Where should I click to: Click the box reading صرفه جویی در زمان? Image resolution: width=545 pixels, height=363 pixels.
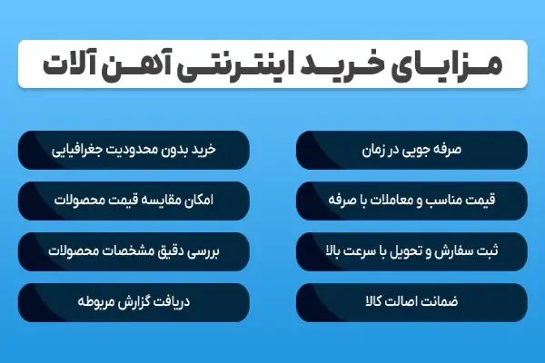pyautogui.click(x=411, y=147)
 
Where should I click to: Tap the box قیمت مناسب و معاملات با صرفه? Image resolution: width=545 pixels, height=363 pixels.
pyautogui.click(x=411, y=197)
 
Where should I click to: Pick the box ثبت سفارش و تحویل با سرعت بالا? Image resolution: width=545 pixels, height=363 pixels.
pyautogui.click(x=411, y=247)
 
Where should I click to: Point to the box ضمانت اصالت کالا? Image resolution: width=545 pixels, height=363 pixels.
pyautogui.click(x=411, y=297)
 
